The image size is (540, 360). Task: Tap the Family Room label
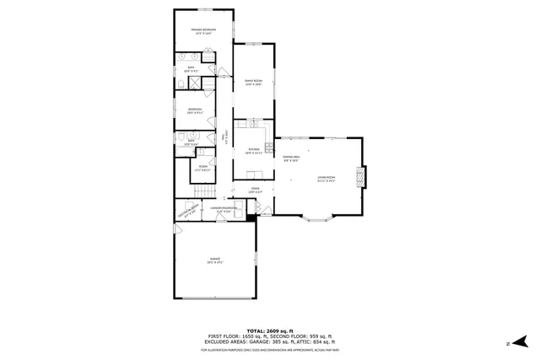click(253, 83)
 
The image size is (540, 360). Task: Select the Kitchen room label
click(253, 150)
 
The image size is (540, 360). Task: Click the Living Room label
click(327, 178)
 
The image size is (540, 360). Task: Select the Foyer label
click(255, 191)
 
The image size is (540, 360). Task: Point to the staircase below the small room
click(202, 190)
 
